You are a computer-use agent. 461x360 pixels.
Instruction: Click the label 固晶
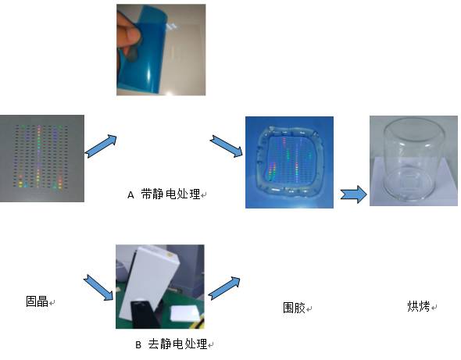37,301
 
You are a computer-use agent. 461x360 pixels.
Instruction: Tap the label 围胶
294,308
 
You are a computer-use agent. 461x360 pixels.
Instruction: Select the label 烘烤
419,306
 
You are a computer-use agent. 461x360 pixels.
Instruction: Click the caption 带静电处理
170,194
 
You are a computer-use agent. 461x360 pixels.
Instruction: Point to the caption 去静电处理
177,344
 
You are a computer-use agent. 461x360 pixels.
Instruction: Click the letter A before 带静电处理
130,195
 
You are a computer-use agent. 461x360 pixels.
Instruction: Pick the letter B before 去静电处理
138,344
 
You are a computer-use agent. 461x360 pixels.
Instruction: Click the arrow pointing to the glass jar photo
354,194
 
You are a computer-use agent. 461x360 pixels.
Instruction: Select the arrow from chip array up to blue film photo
101,146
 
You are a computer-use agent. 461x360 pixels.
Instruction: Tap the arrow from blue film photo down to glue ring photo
227,146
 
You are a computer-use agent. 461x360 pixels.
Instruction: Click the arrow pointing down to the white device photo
98,287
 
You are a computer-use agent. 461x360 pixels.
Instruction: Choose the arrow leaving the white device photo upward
224,288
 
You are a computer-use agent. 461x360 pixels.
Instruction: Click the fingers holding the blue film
128,35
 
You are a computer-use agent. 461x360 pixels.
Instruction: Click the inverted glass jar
411,160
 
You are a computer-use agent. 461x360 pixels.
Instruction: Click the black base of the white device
144,314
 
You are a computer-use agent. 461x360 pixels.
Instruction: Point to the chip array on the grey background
41,157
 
